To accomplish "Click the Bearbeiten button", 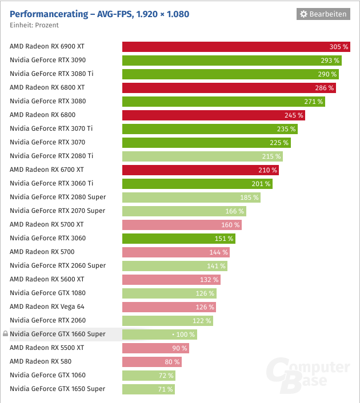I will (323, 14).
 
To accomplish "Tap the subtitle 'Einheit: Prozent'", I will (34, 25).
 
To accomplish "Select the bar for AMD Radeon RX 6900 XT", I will (235, 47).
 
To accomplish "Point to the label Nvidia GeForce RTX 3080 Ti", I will (51, 74).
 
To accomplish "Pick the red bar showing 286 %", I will (229, 88).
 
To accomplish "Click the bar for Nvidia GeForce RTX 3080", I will (223, 102).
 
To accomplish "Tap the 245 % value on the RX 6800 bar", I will (294, 115).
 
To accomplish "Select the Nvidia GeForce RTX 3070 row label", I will (47, 142).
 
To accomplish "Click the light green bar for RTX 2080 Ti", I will (202, 156).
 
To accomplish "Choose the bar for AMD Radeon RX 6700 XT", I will (200, 170).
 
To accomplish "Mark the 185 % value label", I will (249, 198).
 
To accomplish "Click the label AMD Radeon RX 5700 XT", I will (47, 224).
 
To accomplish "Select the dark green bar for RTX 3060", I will (178, 239).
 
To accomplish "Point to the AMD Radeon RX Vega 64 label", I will (47, 307).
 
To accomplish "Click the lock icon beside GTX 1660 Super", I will (5, 334).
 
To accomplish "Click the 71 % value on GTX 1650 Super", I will (165, 389).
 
